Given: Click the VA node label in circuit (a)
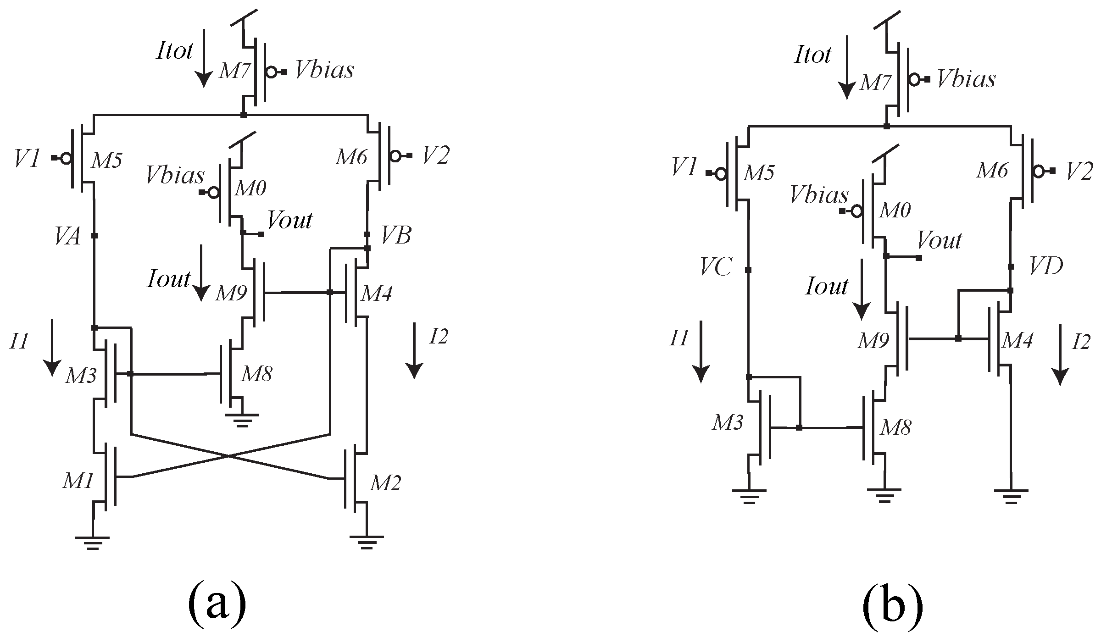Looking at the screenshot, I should [x=67, y=238].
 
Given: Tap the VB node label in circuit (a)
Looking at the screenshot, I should [x=396, y=236].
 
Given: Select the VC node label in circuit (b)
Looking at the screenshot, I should [x=716, y=267].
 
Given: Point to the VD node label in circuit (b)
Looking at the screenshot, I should [x=1046, y=266].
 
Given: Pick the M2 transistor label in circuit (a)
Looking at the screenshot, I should [x=385, y=483].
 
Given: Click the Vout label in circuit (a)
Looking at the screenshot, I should [x=290, y=221].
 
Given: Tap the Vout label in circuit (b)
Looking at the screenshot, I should [x=939, y=240].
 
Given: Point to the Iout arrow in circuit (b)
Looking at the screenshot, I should [x=861, y=289].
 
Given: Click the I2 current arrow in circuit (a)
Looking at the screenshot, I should [x=414, y=350].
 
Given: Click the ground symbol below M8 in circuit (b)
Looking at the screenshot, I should [x=884, y=495].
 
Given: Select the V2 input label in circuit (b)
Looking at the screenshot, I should [x=1078, y=171].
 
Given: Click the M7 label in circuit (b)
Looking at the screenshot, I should [x=875, y=83].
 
